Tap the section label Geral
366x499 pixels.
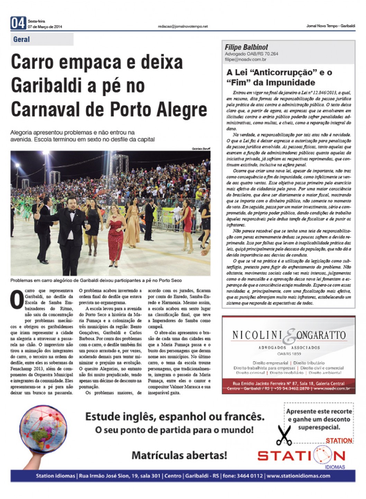click(x=21, y=39)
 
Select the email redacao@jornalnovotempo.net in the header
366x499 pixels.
click(x=183, y=26)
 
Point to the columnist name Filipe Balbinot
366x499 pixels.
click(x=246, y=47)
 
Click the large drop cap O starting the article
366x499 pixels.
click(x=17, y=299)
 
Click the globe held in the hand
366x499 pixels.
click(x=43, y=429)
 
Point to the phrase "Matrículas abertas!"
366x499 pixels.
click(x=180, y=455)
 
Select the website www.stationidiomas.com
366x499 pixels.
click(x=298, y=476)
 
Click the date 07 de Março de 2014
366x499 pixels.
click(x=45, y=27)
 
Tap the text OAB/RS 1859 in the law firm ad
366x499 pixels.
click(x=289, y=354)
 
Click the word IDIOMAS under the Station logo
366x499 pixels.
click(x=335, y=467)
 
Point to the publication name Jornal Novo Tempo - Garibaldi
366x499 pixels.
click(x=330, y=26)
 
